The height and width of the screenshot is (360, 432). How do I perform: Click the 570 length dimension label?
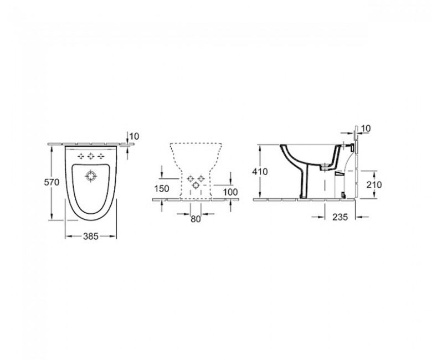pos(52,182)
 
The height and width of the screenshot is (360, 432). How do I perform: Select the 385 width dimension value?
pos(91,236)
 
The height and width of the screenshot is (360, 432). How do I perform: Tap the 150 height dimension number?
pos(162,189)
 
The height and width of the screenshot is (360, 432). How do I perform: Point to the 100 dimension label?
pos(230,192)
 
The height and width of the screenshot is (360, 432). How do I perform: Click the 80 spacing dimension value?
pos(196,219)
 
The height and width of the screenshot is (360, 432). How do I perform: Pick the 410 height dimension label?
pos(260,172)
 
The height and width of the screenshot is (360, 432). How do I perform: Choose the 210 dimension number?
pos(374,184)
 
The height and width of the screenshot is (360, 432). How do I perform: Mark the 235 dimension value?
pos(340,217)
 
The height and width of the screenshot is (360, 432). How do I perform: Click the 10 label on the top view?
pos(134,136)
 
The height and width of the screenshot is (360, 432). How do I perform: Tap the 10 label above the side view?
pos(366,128)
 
